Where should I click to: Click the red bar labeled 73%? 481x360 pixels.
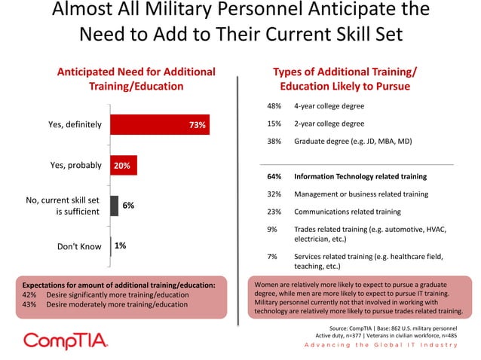160,125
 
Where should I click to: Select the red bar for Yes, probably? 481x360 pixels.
124,166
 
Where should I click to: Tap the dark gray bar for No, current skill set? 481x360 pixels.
115,206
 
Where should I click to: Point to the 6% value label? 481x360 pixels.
128,206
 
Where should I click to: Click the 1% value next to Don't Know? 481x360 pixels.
121,246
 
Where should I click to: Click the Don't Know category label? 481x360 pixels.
79,246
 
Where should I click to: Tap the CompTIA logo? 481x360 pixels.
66,341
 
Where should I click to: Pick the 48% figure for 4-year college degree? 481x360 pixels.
274,106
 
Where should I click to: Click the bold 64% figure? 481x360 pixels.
274,176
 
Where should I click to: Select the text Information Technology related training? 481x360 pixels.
360,176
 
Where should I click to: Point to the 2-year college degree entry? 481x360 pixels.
329,124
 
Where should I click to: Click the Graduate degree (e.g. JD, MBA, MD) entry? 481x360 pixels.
354,141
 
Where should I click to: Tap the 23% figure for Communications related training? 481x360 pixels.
274,212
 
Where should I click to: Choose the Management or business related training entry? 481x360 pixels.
361,194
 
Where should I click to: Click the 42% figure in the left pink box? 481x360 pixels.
31,295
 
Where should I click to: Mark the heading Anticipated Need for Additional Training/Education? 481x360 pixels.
136,79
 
